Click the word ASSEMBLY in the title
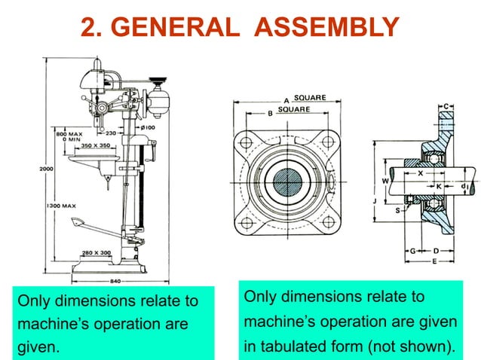tap(326, 27)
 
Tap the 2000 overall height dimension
tap(46, 169)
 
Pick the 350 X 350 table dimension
tap(97, 144)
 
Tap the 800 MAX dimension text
tap(67, 133)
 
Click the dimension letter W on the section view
tap(384, 181)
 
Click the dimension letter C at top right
tap(447, 105)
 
